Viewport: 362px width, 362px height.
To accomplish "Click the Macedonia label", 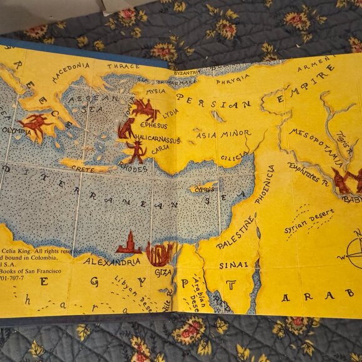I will tap(71, 73).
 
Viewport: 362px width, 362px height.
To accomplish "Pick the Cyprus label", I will tap(204, 187).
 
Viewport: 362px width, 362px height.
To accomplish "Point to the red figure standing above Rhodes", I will tap(135, 151).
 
